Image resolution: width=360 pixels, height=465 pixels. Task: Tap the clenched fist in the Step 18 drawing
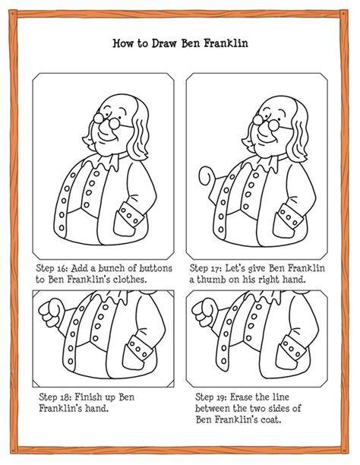(51, 313)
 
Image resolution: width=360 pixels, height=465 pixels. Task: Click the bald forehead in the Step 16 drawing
(118, 104)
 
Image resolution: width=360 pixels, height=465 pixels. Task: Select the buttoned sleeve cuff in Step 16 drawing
(131, 214)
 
